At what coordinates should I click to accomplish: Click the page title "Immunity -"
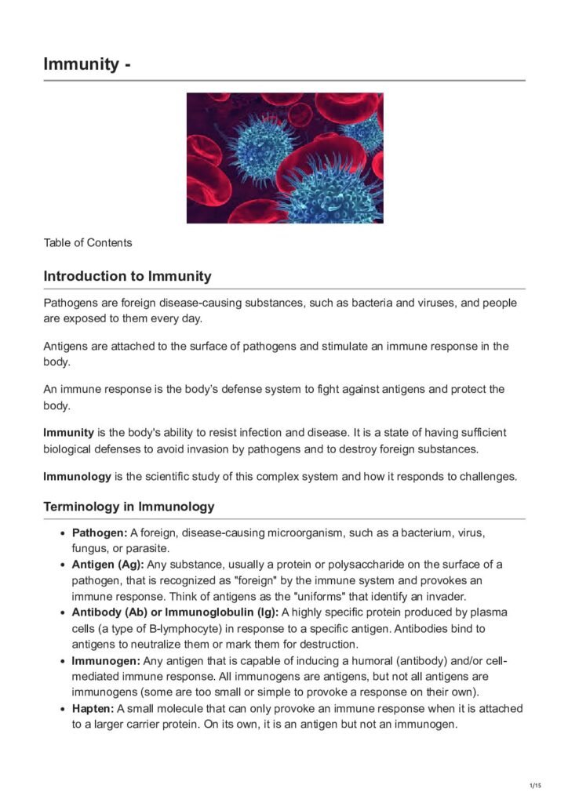pyautogui.click(x=86, y=64)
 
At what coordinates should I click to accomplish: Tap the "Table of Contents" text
pyautogui.click(x=88, y=242)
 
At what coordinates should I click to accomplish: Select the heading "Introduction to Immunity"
pyautogui.click(x=127, y=276)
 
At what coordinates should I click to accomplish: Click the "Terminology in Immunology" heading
pyautogui.click(x=129, y=507)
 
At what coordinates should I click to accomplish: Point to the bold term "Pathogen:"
pyautogui.click(x=100, y=533)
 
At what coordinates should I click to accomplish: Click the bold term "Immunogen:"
pyautogui.click(x=106, y=660)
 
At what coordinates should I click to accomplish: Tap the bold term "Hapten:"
pyautogui.click(x=93, y=709)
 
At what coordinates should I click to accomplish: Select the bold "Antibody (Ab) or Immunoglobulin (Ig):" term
pyautogui.click(x=175, y=612)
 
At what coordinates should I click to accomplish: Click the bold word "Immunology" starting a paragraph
pyautogui.click(x=77, y=476)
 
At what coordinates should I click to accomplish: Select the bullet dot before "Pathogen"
pyautogui.click(x=63, y=534)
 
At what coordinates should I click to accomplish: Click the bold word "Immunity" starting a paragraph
pyautogui.click(x=68, y=432)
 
